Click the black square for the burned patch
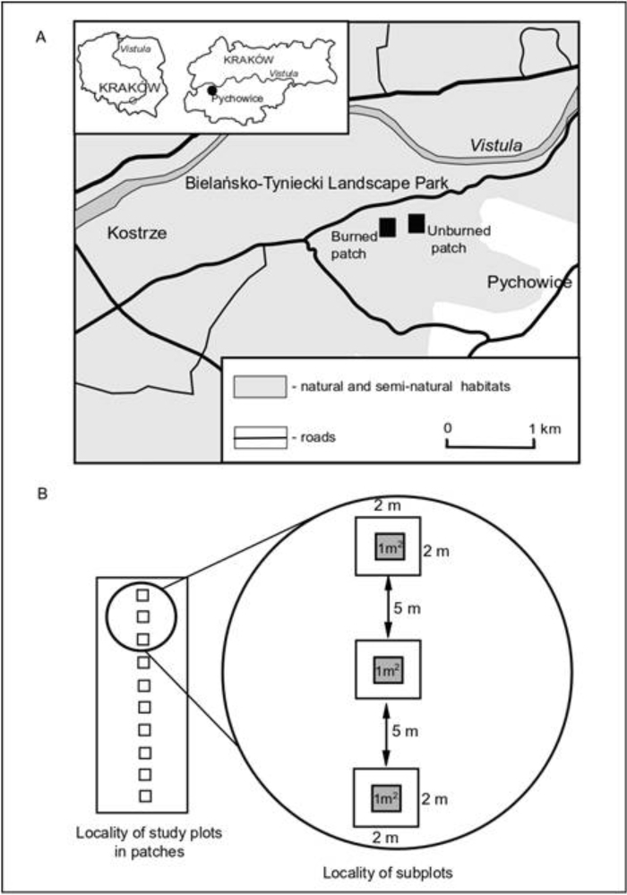pos(387,228)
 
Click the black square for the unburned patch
pos(417,224)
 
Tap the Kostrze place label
pos(137,233)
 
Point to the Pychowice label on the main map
pos(529,282)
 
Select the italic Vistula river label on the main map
pos(496,145)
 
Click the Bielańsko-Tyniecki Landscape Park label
pos(317,184)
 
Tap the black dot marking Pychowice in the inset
pos(211,90)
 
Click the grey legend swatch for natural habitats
pos(260,386)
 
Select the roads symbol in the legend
pos(260,438)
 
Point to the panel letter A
pos(40,38)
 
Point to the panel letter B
pos(42,494)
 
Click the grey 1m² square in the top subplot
pos(390,546)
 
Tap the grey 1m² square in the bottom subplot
pos(386,797)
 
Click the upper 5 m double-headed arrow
pos(388,607)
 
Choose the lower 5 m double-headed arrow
pos(386,734)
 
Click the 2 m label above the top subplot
pos(387,505)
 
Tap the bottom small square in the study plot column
pos(145,796)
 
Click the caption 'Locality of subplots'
pos(388,873)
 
